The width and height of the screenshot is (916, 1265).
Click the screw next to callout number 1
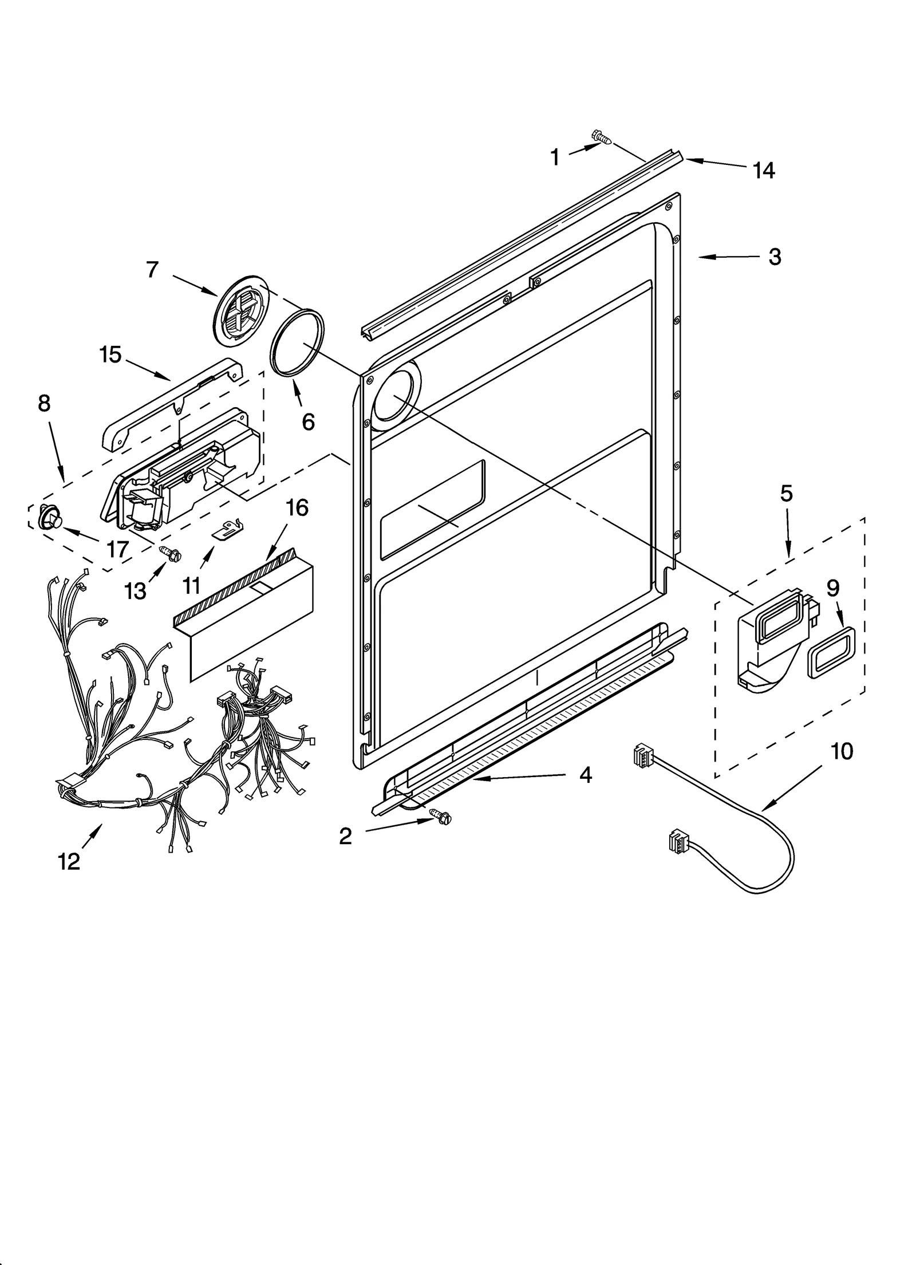pos(601,136)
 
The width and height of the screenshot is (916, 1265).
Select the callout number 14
pos(764,170)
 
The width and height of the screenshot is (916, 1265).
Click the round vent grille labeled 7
pos(236,312)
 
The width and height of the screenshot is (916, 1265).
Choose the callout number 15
pos(110,354)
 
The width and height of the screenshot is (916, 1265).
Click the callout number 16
pos(297,507)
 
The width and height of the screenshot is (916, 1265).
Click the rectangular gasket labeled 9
pos(831,652)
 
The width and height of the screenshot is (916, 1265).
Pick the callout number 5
pos(786,493)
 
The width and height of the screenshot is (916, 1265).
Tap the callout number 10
pos(842,751)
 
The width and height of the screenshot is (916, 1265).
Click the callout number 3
pos(775,257)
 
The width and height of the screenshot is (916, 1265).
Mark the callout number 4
pos(585,775)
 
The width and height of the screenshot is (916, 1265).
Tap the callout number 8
pos(44,403)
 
